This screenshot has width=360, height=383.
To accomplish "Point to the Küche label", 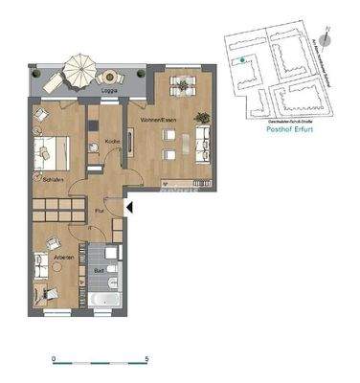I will (111, 143).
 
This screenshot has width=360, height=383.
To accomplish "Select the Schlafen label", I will (53, 178).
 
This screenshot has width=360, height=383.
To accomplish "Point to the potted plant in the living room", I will (202, 118).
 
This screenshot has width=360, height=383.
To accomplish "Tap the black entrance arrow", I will (131, 205).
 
